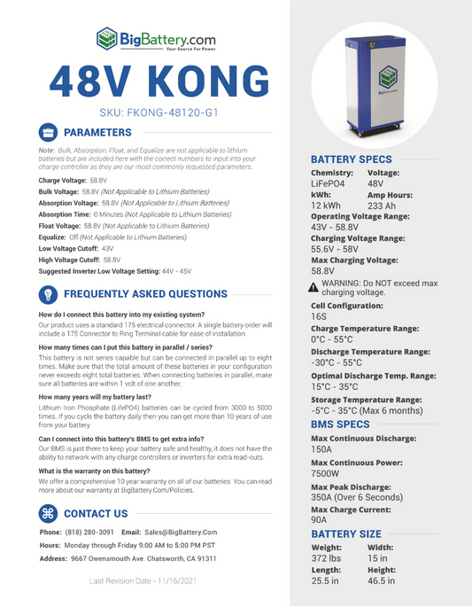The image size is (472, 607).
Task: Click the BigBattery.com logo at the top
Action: [x=155, y=39]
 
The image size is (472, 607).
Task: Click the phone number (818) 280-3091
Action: [x=89, y=532]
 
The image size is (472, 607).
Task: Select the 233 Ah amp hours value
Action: [x=383, y=205]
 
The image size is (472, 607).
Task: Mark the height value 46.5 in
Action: [x=382, y=580]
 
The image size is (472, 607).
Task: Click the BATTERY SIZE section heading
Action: [x=346, y=533]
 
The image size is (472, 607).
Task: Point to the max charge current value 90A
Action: [x=320, y=521]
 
